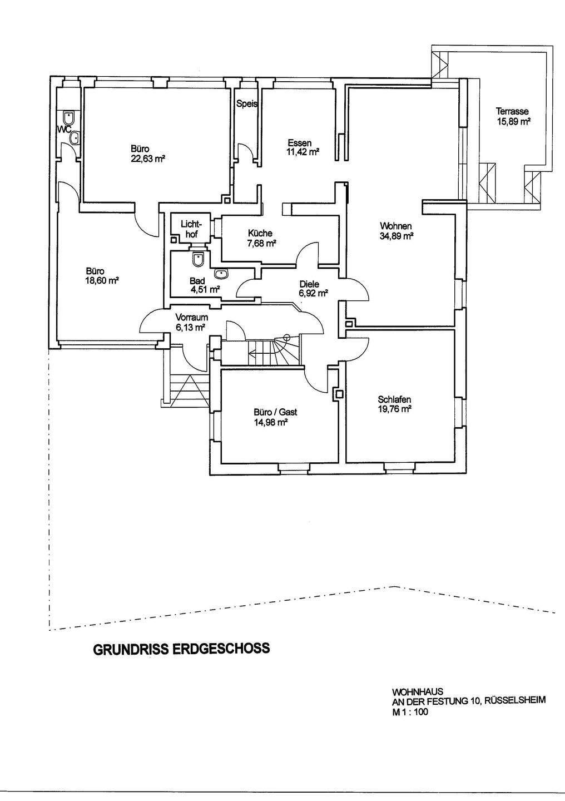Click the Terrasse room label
point(512,111)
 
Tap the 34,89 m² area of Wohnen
point(397,236)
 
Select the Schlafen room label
point(394,399)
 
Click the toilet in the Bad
point(198,259)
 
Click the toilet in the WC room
point(69,118)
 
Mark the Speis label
point(246,103)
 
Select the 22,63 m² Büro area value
point(148,159)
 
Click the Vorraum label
point(192,318)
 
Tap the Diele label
point(309,284)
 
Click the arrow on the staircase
point(253,352)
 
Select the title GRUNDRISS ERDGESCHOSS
point(181,649)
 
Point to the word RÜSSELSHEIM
point(514,702)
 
